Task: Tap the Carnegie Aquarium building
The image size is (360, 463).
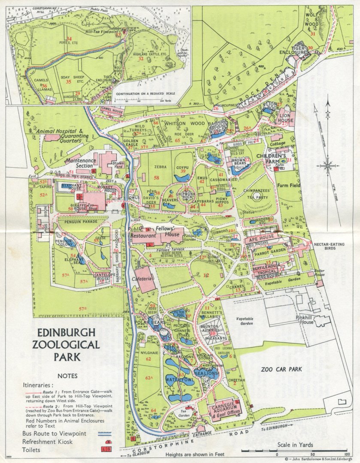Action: coord(225,408)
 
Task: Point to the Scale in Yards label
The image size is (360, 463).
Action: coord(295,445)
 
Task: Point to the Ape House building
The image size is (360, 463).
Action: coord(261,238)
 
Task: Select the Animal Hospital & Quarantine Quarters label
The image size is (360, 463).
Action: coord(59,135)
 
